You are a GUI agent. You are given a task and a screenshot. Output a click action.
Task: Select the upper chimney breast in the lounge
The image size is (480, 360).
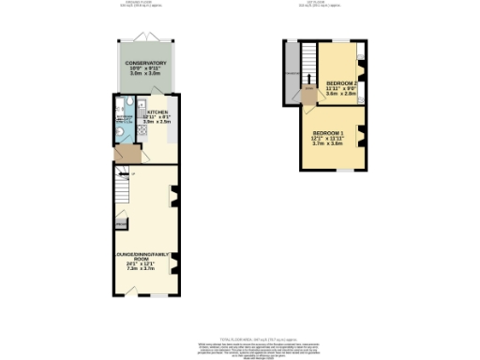(175, 195)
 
